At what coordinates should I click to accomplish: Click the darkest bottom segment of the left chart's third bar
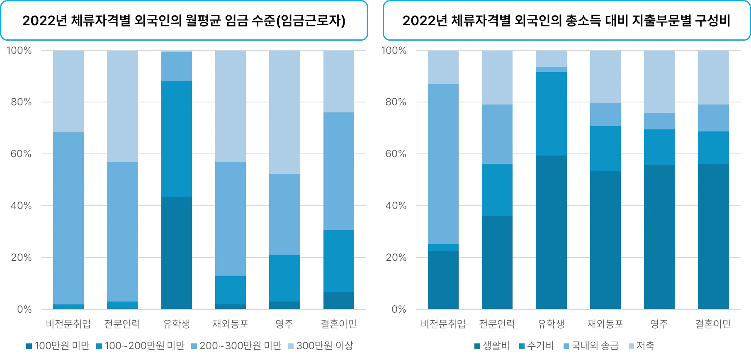pos(176,253)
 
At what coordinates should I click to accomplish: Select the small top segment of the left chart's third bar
pos(176,66)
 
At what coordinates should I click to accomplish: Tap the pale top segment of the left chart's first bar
pos(69,91)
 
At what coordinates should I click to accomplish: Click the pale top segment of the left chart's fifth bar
pos(284,112)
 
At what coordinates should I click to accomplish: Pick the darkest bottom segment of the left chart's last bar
pos(338,301)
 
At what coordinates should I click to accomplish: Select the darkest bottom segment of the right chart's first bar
pos(444,280)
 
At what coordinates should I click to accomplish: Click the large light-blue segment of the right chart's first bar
pos(444,164)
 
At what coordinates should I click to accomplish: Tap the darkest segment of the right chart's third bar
pos(552,232)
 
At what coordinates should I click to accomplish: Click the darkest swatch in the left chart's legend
pos(29,346)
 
